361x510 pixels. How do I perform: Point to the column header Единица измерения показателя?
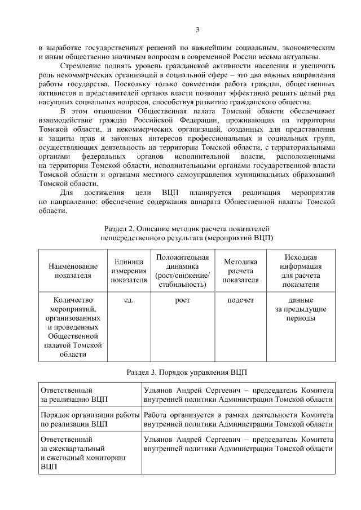point(128,270)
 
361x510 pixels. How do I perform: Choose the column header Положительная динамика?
point(182,270)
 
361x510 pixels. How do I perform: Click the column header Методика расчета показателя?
point(241,270)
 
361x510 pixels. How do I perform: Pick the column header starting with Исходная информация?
point(301,270)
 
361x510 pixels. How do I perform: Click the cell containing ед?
point(128,300)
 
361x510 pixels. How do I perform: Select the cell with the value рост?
point(182,300)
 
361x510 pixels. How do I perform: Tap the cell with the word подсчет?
point(241,300)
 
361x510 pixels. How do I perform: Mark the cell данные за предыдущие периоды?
point(301,309)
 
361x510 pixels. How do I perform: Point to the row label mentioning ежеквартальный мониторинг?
point(82,453)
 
